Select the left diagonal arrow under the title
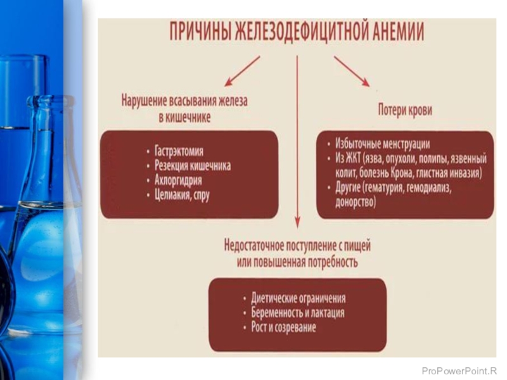pyautogui.click(x=243, y=70)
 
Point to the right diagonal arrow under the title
pyautogui.click(x=351, y=70)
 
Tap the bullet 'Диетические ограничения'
pyautogui.click(x=298, y=298)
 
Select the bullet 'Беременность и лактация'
pyautogui.click(x=298, y=313)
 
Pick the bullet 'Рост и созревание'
pyautogui.click(x=283, y=327)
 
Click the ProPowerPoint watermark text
pyautogui.click(x=459, y=369)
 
